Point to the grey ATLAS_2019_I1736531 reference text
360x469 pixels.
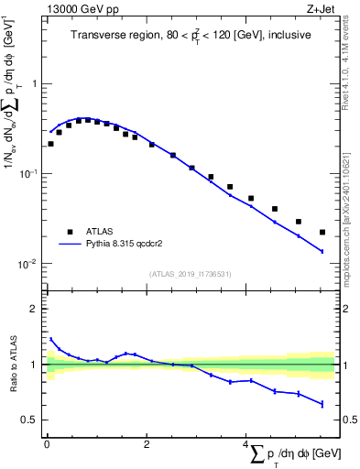(190, 273)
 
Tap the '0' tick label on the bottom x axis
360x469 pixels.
(47, 444)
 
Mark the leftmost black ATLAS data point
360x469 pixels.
(50, 144)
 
